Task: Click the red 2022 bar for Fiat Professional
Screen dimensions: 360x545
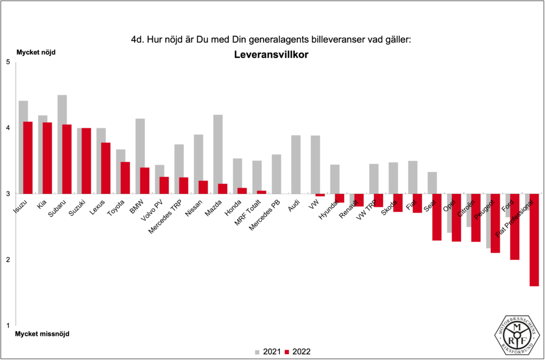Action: coord(534,240)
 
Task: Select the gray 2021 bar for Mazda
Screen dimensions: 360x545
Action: coord(218,154)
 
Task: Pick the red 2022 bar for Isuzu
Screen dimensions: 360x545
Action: coord(28,158)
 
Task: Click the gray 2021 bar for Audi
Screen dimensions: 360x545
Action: coord(296,164)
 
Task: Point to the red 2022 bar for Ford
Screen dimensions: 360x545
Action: coord(514,226)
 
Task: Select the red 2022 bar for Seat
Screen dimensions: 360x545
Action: coord(436,217)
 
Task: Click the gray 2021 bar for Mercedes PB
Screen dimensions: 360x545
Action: coord(276,174)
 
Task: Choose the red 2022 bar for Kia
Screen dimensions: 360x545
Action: coord(47,158)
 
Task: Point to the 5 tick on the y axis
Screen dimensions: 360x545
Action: coord(8,62)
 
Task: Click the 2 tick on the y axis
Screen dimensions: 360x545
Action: coord(8,260)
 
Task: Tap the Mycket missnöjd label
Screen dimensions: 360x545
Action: coord(43,334)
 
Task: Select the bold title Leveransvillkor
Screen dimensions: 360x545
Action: coord(271,54)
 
